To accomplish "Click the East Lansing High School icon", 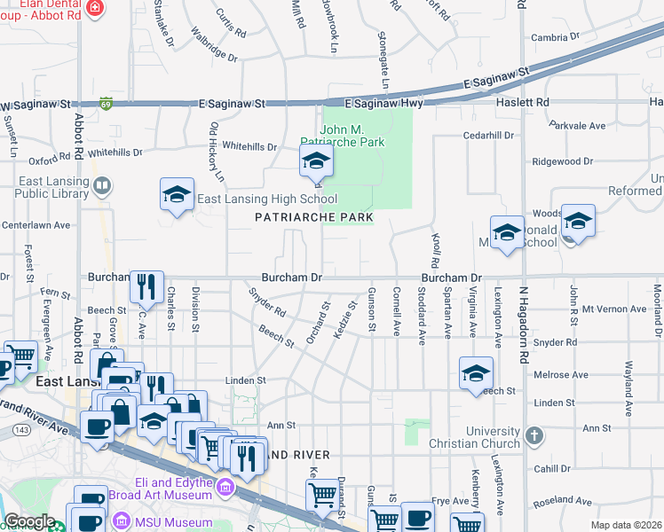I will [177, 195].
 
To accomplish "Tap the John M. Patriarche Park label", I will [353, 136].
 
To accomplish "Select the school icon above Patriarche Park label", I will [315, 161].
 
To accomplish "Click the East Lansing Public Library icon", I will [103, 185].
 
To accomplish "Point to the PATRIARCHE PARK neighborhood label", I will [312, 217].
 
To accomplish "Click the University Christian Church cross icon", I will [534, 435].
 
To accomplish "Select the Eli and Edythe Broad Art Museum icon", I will [225, 486].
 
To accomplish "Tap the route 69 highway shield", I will [106, 103].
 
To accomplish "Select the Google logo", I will [29, 521].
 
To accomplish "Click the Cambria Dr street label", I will [554, 37].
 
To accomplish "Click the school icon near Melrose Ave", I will [476, 373].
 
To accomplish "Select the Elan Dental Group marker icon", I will [96, 9].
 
